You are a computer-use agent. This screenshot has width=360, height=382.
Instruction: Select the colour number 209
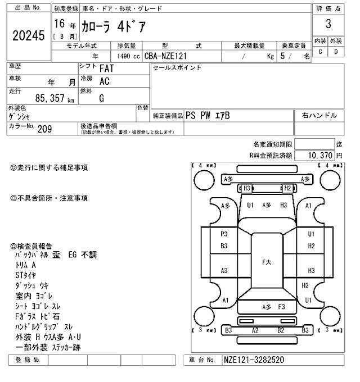click(x=44, y=129)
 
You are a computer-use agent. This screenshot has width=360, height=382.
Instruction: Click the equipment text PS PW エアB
click(x=208, y=115)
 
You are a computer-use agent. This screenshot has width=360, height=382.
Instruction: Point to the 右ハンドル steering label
click(x=319, y=115)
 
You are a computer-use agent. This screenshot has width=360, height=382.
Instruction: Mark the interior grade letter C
click(x=320, y=52)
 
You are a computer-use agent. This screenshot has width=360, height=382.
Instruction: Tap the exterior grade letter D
click(x=336, y=52)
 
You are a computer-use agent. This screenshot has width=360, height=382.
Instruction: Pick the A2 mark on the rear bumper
click(x=254, y=330)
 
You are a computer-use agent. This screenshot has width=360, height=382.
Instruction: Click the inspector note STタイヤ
click(x=26, y=275)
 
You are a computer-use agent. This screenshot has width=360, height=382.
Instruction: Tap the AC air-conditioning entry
click(x=104, y=80)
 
